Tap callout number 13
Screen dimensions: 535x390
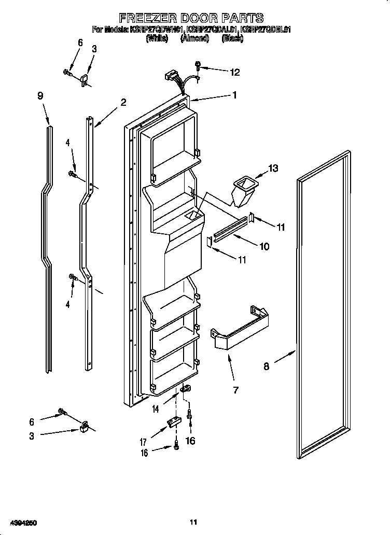tap(273, 168)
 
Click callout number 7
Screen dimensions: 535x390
tap(236, 390)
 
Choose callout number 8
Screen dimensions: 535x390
tap(267, 367)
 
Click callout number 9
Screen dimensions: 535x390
tap(40, 96)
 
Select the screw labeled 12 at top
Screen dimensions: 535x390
tap(198, 65)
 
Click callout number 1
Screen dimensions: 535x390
tap(234, 95)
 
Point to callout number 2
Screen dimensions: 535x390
tap(123, 103)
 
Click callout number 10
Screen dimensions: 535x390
tap(264, 247)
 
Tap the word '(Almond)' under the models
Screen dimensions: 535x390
tap(194, 38)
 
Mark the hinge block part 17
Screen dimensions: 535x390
tap(173, 423)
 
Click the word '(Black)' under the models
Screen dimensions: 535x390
tap(232, 38)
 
